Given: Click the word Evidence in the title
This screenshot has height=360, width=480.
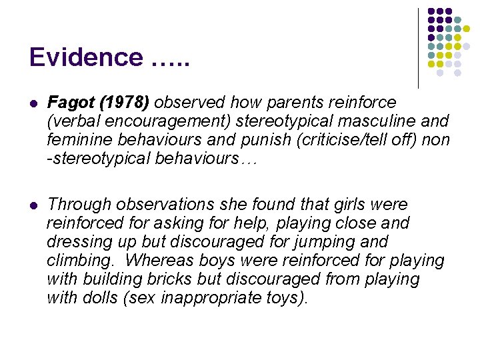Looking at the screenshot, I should click(81, 57).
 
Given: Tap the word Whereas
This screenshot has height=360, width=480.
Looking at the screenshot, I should click(161, 260).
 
